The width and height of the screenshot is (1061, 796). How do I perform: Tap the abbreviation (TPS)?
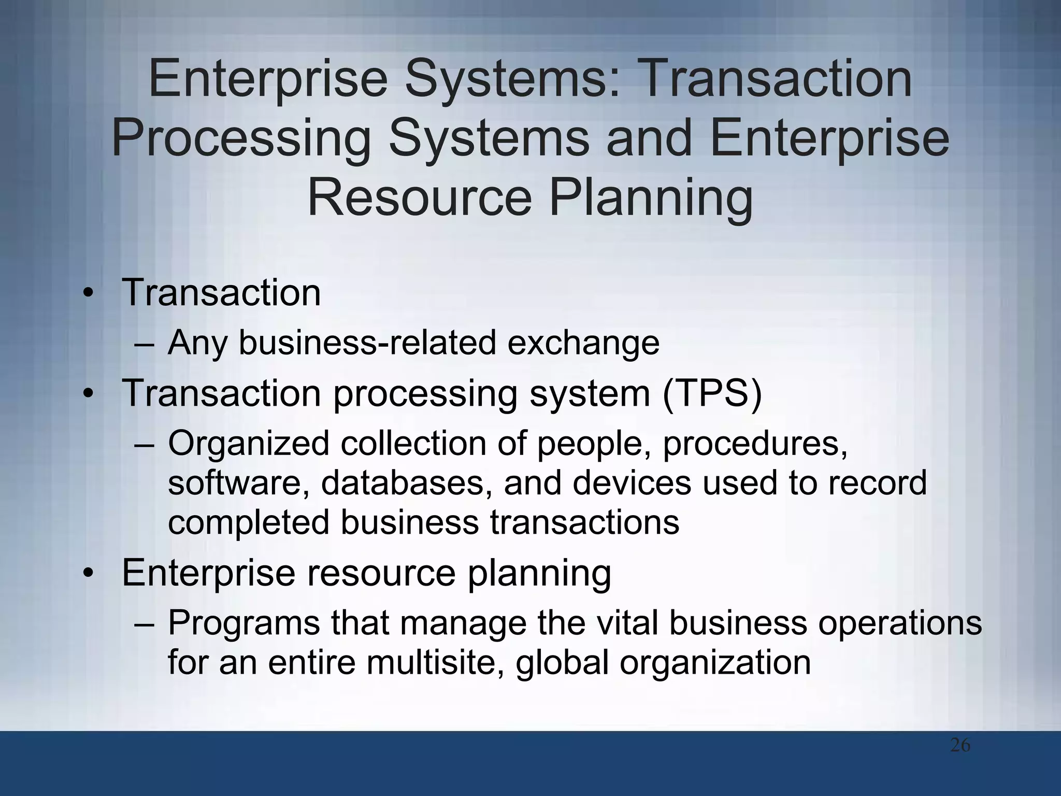pyautogui.click(x=712, y=394)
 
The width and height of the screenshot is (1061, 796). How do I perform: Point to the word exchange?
pyautogui.click(x=583, y=343)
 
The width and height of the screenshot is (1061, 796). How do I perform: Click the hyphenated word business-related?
pyautogui.click(x=367, y=343)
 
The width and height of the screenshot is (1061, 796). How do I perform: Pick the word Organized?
pyautogui.click(x=249, y=444)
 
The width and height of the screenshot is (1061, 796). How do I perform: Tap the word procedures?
pyautogui.click(x=755, y=444)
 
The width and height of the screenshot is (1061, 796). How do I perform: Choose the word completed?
pyautogui.click(x=249, y=522)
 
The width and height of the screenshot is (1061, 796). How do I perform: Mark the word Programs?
pyautogui.click(x=244, y=623)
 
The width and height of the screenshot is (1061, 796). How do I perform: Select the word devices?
pyautogui.click(x=632, y=483)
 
